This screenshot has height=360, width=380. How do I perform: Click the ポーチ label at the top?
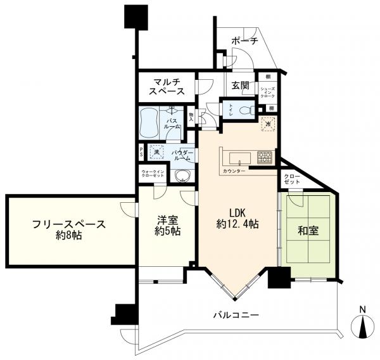click(244, 41)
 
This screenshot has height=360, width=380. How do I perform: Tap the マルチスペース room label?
click(167, 86)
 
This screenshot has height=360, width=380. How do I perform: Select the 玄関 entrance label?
click(240, 86)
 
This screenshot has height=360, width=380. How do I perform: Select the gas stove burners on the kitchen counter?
click(265, 157)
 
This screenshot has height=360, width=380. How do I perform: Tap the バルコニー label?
click(236, 314)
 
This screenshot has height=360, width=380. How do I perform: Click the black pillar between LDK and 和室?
click(278, 278)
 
